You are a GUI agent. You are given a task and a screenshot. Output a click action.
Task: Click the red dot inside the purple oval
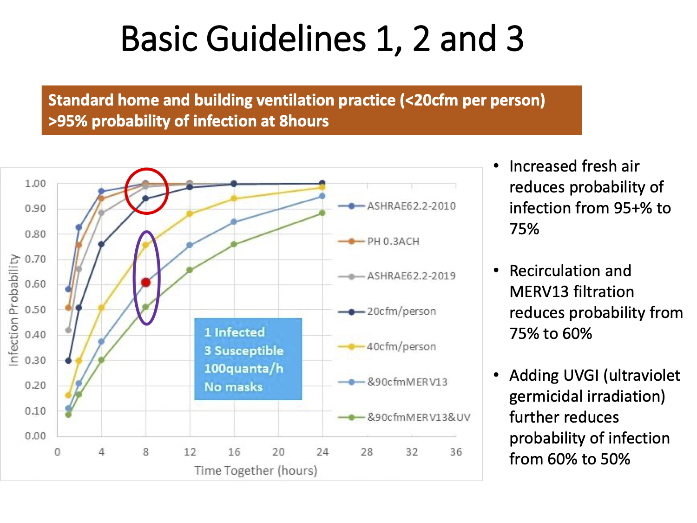[146, 282]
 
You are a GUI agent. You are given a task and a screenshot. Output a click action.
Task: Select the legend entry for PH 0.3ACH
[379, 242]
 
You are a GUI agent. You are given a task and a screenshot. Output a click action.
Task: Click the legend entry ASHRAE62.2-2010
[397, 206]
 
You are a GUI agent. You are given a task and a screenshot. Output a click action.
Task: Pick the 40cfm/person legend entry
[387, 346]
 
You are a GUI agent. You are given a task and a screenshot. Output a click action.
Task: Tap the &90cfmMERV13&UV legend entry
[404, 417]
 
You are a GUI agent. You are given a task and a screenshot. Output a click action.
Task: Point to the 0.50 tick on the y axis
[35, 310]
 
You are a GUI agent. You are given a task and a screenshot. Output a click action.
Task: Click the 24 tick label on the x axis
[322, 452]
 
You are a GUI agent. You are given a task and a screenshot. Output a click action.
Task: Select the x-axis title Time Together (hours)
[256, 470]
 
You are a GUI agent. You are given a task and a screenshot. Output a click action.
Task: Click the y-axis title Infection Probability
[13, 310]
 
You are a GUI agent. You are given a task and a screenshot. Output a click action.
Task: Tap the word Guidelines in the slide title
[286, 39]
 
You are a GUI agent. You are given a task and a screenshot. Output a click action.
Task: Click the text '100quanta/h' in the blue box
[243, 369]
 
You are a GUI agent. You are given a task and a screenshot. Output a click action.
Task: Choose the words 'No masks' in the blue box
[233, 387]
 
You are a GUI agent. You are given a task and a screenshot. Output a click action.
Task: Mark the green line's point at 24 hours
[322, 213]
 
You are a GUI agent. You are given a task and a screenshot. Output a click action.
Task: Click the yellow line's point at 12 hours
[190, 214]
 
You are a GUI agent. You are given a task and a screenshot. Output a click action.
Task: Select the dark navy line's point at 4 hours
[101, 244]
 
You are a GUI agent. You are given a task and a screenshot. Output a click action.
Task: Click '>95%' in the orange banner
[68, 121]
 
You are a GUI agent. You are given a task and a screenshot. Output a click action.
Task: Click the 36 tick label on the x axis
[456, 452]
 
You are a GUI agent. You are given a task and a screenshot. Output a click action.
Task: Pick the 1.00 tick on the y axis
[35, 184]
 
